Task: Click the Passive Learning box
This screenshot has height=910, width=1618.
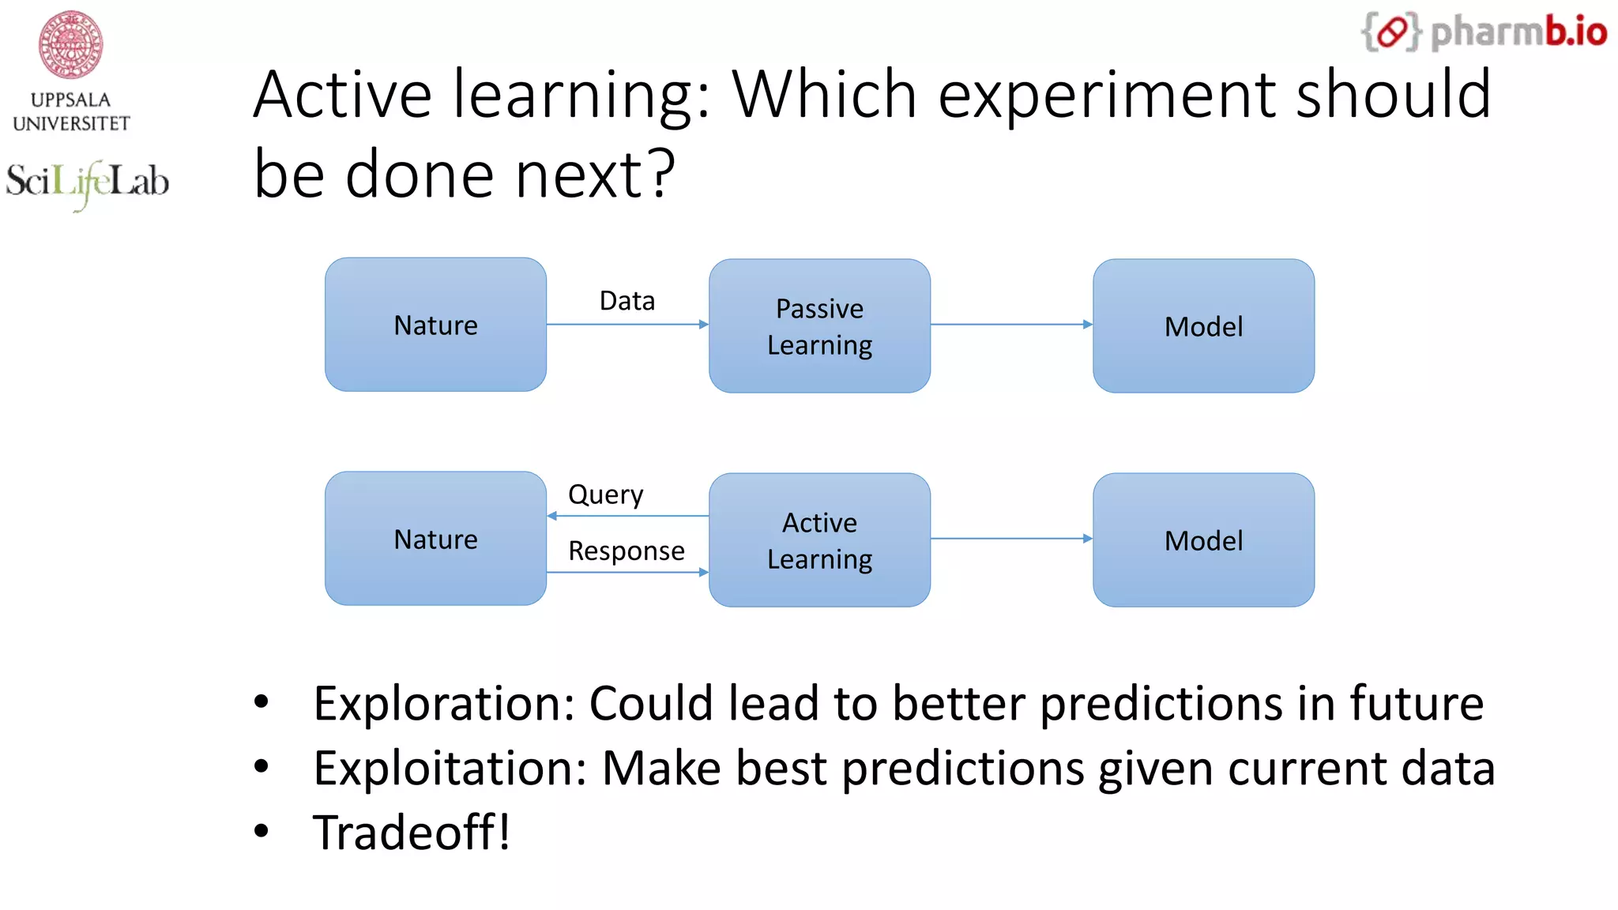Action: [x=819, y=325]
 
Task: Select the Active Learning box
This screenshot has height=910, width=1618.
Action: [x=819, y=540]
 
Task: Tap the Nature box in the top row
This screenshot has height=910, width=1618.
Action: [x=435, y=325]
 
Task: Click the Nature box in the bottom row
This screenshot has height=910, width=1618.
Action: [x=435, y=539]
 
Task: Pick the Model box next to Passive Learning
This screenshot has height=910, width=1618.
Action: [x=1203, y=325]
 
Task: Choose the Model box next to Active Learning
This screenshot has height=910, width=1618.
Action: [x=1203, y=540]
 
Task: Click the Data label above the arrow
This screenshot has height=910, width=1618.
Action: [x=627, y=301]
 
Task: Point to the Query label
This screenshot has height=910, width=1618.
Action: [x=605, y=494]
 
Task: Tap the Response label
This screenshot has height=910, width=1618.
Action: [x=627, y=551]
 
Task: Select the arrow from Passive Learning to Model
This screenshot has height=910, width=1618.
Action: [x=1011, y=324]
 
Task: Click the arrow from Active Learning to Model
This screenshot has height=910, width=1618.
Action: [x=1011, y=539]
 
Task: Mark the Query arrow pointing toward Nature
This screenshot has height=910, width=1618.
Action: [x=627, y=516]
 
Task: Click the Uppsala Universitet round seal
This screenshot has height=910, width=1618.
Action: [x=71, y=44]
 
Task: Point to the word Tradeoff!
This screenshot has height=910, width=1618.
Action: [x=412, y=833]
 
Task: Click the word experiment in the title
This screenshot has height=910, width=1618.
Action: [x=1106, y=95]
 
